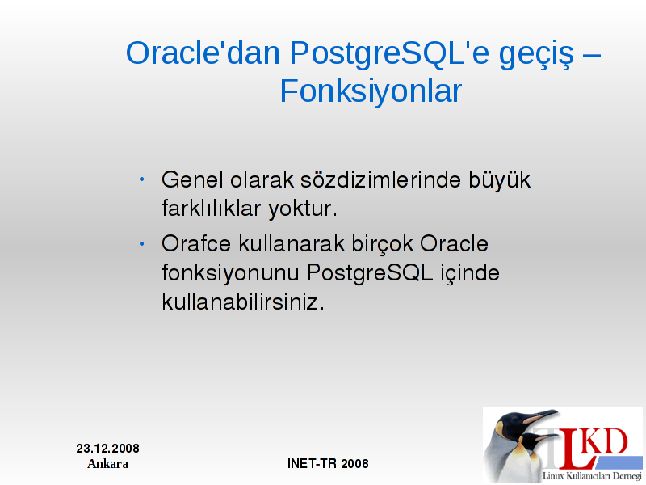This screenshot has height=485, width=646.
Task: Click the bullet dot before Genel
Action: (x=142, y=179)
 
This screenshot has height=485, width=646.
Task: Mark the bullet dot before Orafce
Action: (x=142, y=244)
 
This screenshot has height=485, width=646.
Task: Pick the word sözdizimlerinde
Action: (x=380, y=179)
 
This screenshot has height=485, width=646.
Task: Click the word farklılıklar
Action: (x=212, y=209)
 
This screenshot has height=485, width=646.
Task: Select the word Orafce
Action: (x=196, y=243)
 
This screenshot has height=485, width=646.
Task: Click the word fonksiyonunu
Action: (x=230, y=273)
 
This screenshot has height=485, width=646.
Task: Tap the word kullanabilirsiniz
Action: (x=243, y=302)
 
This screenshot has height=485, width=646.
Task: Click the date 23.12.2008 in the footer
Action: (x=108, y=449)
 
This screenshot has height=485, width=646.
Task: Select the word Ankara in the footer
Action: (x=108, y=463)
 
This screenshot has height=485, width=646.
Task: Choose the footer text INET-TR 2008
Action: (x=328, y=463)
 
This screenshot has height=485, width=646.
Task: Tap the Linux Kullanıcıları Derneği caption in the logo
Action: (x=592, y=476)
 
